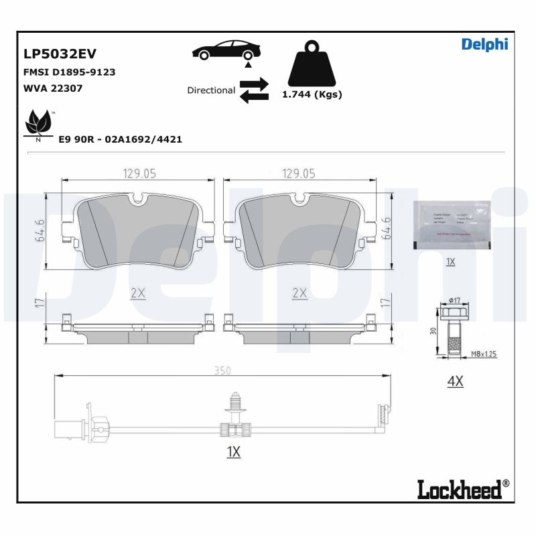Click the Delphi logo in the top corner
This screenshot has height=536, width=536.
[x=484, y=44]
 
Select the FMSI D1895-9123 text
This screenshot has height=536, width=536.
[x=70, y=72]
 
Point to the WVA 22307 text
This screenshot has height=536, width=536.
[x=53, y=88]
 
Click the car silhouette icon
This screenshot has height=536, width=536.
[x=224, y=51]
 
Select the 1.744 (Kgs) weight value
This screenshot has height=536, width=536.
[x=312, y=94]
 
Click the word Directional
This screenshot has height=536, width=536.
[x=211, y=90]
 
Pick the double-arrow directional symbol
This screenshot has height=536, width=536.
[x=254, y=90]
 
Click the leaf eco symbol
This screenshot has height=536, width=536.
[x=39, y=125]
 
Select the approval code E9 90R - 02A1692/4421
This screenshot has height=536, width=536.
[x=121, y=139]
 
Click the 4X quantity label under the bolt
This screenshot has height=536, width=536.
[x=455, y=381]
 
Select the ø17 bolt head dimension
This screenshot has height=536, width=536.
[x=454, y=300]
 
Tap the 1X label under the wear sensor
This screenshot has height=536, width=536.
[x=233, y=452]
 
